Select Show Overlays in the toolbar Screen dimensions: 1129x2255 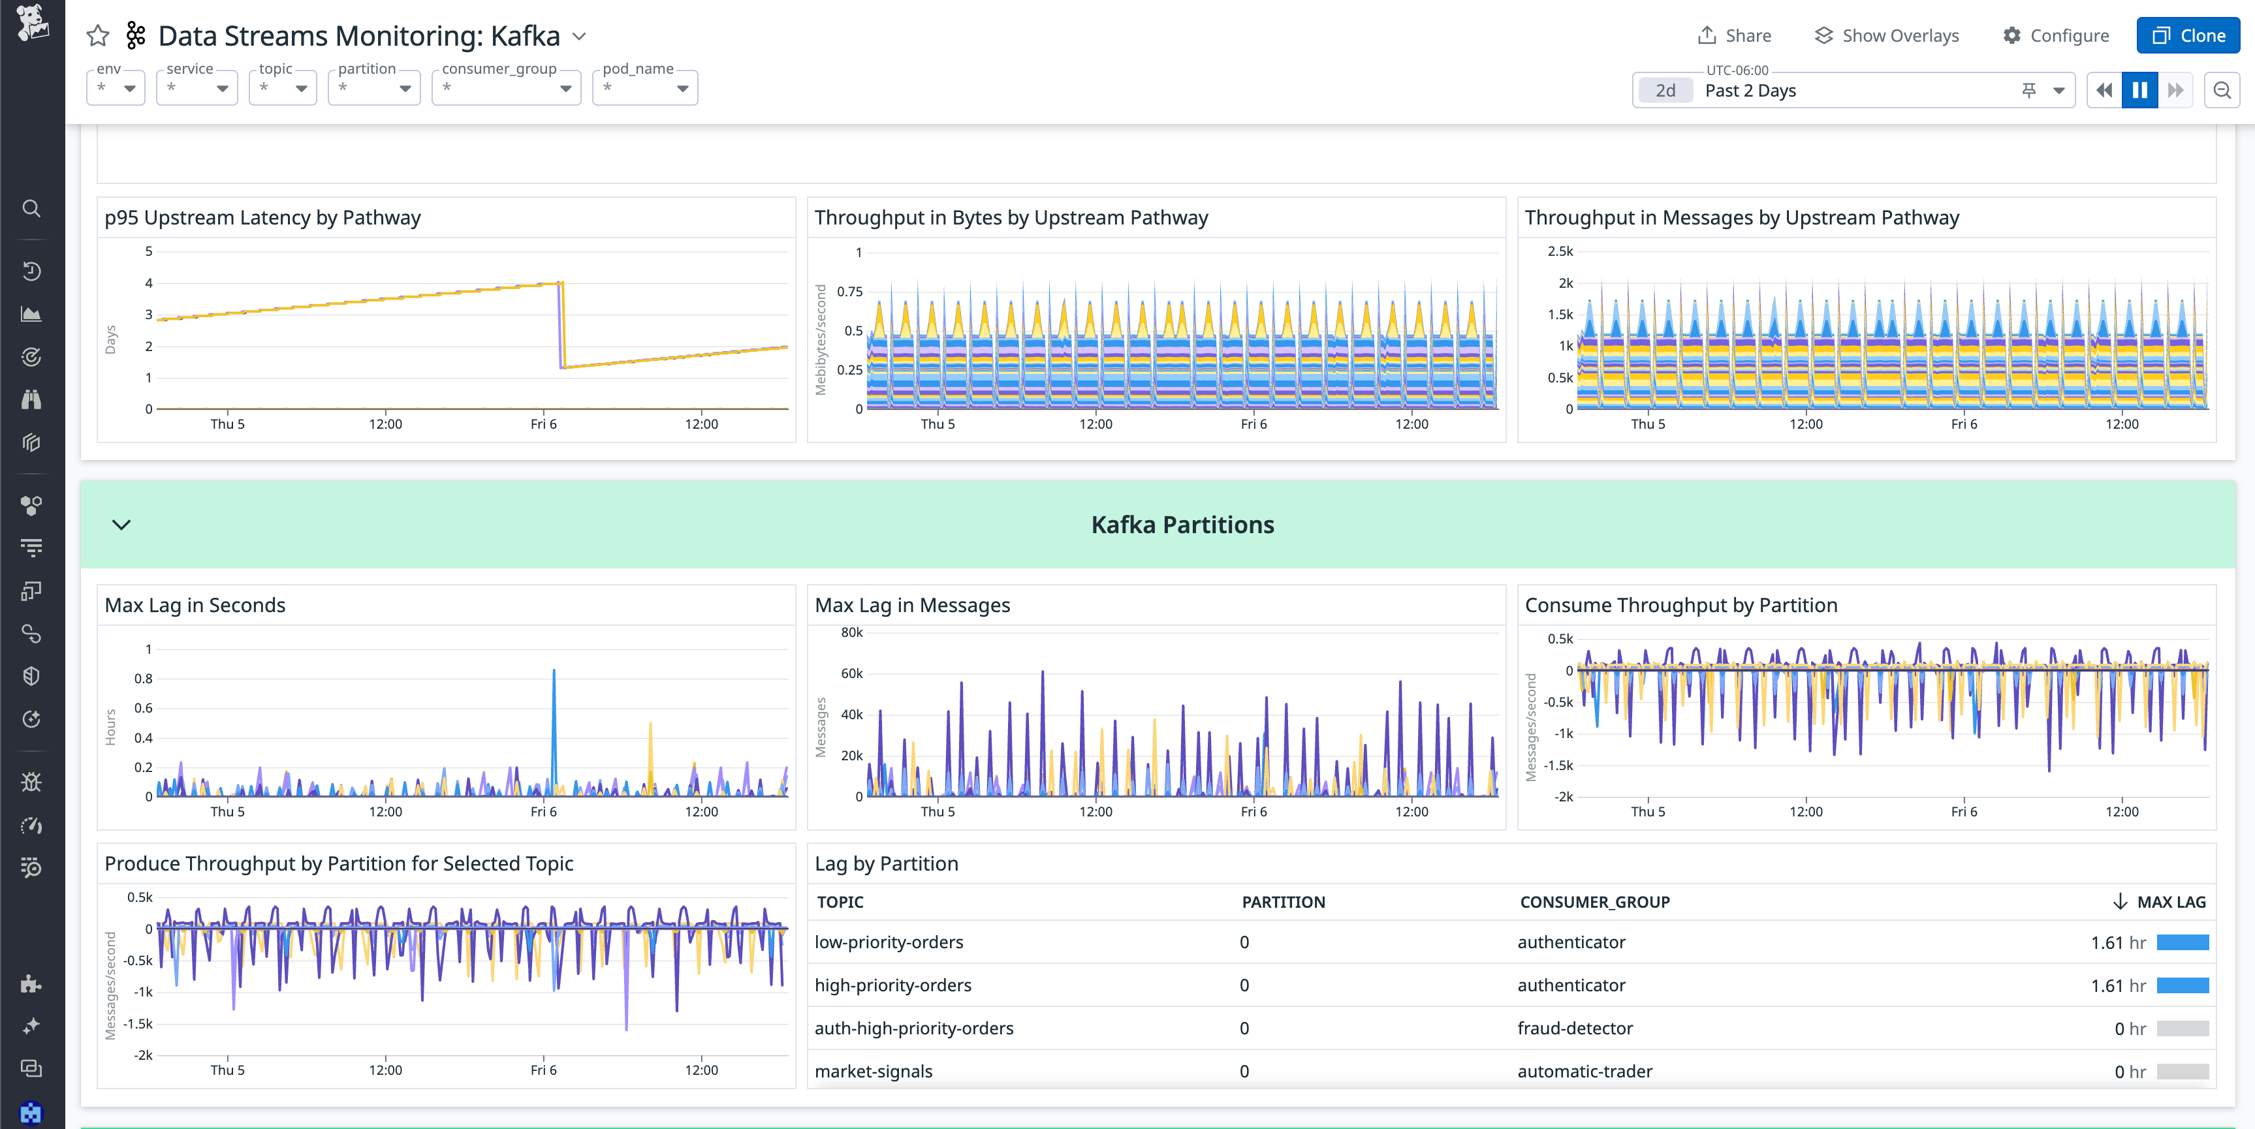coord(1887,36)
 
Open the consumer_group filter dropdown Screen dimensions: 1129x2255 coord(506,88)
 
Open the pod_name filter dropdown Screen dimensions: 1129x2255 coord(644,88)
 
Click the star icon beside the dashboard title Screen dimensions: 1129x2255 coord(98,36)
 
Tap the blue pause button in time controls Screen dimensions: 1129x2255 coord(2139,90)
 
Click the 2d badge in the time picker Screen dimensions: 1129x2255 coord(1665,90)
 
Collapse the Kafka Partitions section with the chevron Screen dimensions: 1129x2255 coord(121,524)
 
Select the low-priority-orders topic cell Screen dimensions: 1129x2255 coord(889,942)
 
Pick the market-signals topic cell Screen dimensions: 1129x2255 coord(873,1071)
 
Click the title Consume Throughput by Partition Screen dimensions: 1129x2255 coord(1680,605)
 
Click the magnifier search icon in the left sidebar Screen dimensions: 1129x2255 coord(31,208)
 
